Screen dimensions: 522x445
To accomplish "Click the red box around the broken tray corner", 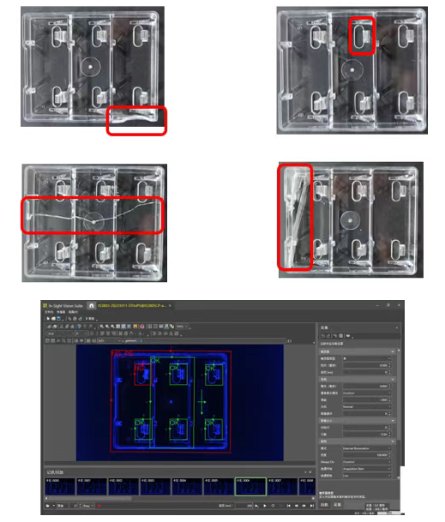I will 136,121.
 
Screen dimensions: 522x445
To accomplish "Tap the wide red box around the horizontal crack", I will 92,216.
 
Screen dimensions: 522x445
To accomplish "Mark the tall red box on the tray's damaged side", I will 293,218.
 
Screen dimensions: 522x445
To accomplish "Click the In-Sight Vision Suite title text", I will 68,306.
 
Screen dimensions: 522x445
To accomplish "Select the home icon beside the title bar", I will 92,306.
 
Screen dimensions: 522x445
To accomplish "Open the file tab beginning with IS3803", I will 129,306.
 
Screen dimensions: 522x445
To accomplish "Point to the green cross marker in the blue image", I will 201,401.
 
